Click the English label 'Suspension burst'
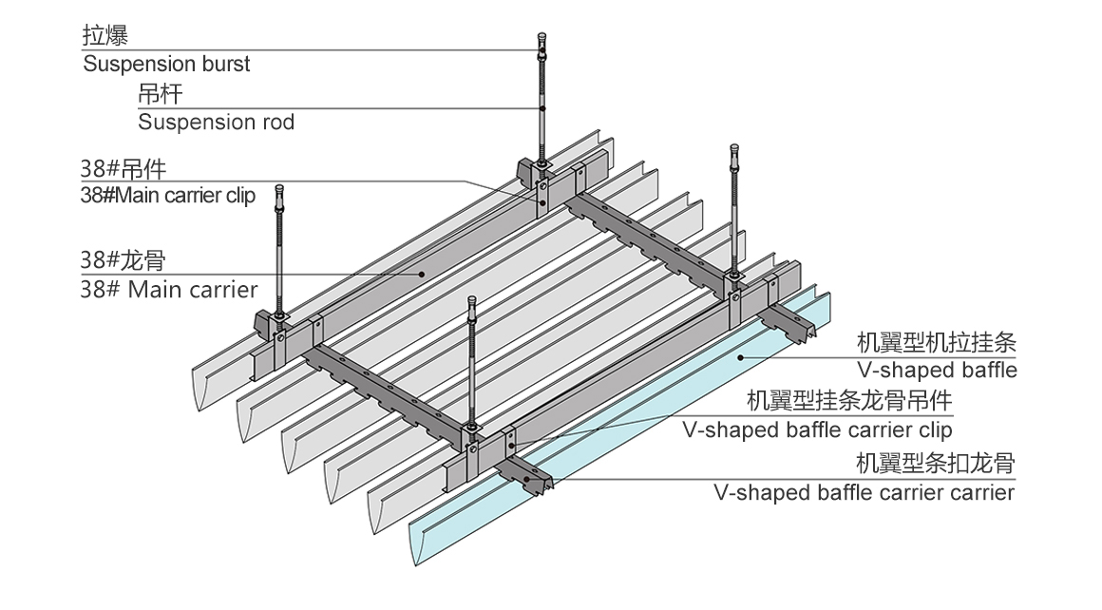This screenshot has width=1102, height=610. click(x=167, y=65)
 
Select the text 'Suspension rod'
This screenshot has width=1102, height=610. click(x=216, y=122)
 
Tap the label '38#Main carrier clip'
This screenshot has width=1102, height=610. click(x=168, y=197)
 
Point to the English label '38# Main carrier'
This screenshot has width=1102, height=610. click(x=169, y=288)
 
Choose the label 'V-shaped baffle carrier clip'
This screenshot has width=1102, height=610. click(x=817, y=429)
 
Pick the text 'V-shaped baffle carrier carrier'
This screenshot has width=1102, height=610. click(x=864, y=492)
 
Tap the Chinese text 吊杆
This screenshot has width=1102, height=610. click(x=160, y=94)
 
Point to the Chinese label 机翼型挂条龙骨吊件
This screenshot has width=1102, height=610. click(x=849, y=402)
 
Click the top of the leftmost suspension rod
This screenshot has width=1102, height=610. click(x=279, y=191)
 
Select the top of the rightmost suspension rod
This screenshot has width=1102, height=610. click(x=733, y=151)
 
